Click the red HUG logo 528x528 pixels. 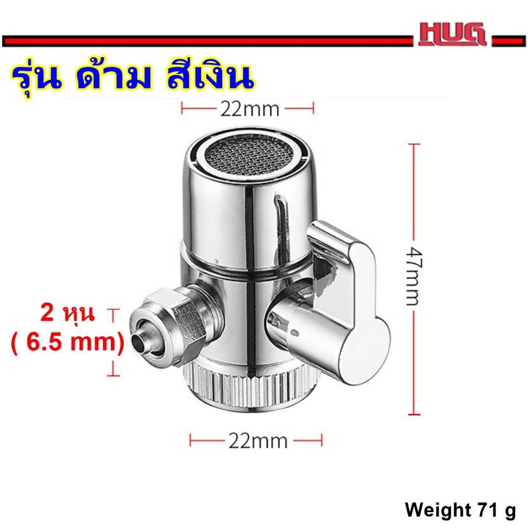[452, 34]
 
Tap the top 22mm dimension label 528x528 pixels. [250, 109]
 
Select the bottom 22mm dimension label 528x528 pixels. [258, 441]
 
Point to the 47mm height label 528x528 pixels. [414, 276]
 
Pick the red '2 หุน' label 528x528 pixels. [68, 313]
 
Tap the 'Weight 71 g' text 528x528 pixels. [460, 510]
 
